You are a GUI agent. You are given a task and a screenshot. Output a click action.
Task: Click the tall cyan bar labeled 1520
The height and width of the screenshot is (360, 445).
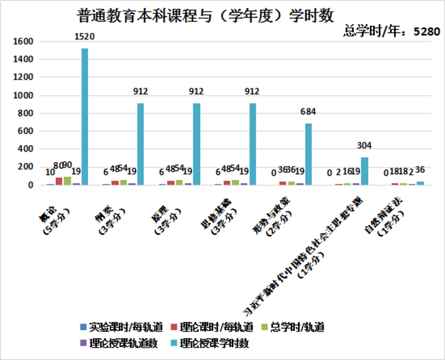85,117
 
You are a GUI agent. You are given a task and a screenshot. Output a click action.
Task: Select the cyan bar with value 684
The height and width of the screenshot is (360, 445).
308,154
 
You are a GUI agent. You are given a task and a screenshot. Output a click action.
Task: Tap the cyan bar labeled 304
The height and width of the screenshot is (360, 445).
364,171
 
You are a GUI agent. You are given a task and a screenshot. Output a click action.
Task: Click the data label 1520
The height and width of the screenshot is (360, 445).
85,39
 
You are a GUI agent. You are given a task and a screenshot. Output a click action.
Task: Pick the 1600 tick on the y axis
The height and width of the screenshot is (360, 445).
23,41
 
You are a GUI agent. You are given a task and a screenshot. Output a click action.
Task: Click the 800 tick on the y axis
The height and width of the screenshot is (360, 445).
26,113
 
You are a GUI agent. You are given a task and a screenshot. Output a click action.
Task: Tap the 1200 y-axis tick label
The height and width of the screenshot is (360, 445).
23,78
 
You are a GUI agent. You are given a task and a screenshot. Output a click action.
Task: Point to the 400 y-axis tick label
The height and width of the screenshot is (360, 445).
26,149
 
